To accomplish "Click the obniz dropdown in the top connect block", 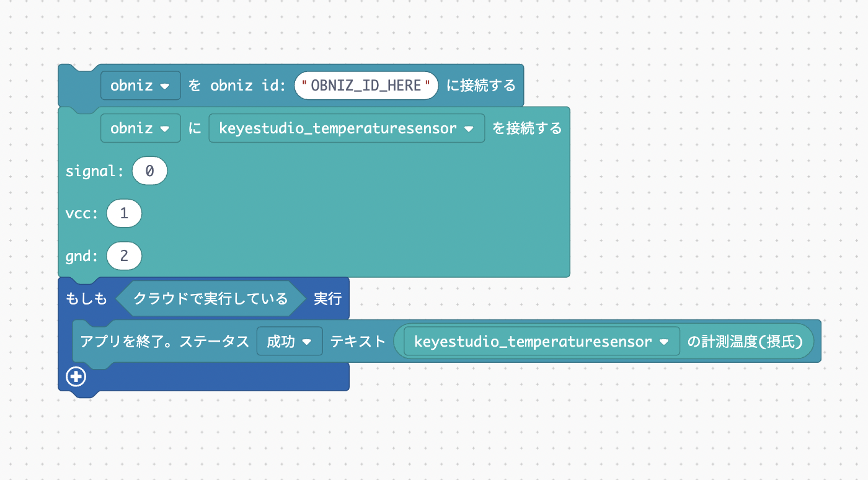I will tap(140, 86).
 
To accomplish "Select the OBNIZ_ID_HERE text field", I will tap(366, 86).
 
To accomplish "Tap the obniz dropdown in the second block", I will tap(140, 128).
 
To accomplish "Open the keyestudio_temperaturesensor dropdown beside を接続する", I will tap(347, 128).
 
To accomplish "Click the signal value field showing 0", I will tap(149, 171).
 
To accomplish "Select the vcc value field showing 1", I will tap(124, 214).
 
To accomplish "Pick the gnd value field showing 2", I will tap(124, 256).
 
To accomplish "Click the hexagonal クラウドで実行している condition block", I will tap(211, 299).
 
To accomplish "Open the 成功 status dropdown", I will tap(289, 341).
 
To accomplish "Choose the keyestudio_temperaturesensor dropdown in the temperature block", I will tap(541, 341).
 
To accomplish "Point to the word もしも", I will tap(86, 299).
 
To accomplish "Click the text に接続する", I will tap(481, 86).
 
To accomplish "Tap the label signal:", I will tap(95, 171).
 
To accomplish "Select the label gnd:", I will tap(82, 256).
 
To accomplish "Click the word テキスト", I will tap(358, 341).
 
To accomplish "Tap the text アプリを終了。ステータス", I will tap(165, 341).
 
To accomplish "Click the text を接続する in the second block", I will tap(527, 128).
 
